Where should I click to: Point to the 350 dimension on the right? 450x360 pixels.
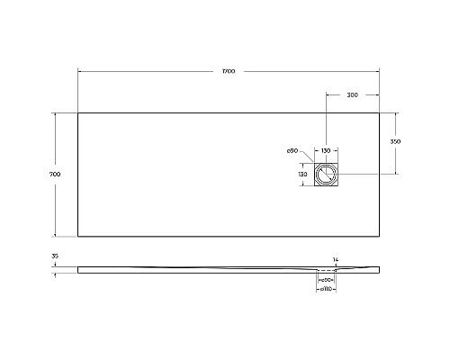click(x=395, y=142)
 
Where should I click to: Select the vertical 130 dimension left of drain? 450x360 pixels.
click(x=303, y=173)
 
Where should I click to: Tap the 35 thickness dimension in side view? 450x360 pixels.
click(x=55, y=257)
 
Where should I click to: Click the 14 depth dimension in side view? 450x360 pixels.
click(x=336, y=260)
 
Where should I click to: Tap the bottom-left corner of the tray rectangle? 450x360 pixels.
click(x=78, y=236)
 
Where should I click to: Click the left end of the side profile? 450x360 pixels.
click(x=79, y=268)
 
